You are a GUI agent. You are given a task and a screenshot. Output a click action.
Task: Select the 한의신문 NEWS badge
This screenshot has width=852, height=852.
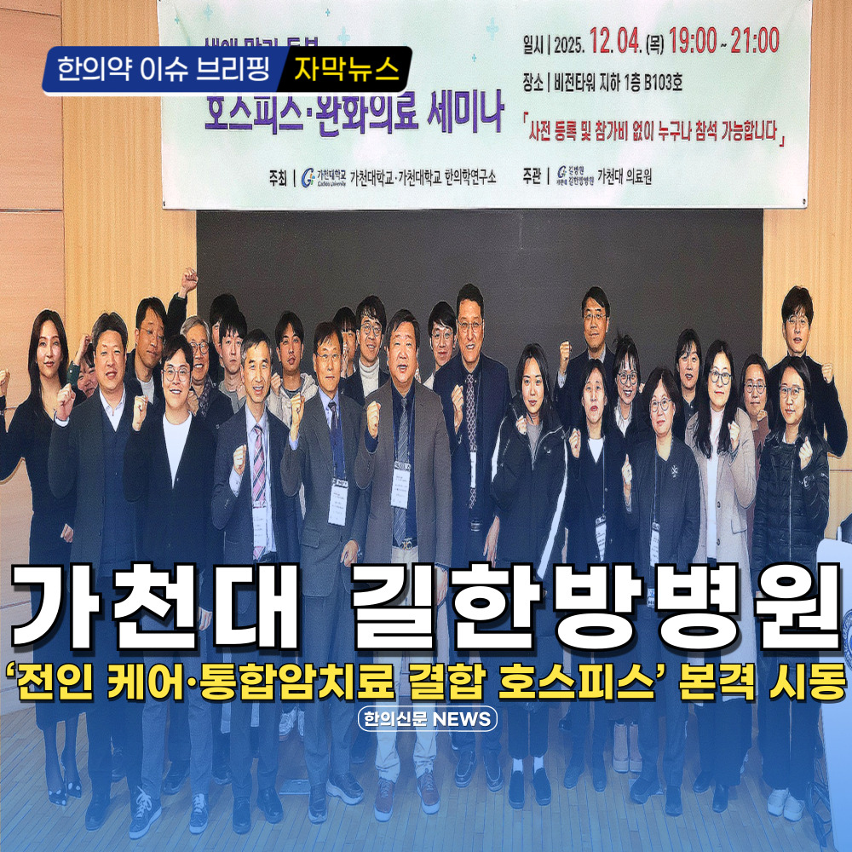[x=426, y=718]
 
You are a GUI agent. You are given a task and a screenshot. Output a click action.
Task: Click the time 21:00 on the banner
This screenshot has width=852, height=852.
[x=755, y=41]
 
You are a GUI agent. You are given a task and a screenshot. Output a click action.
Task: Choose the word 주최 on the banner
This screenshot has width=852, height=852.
[x=278, y=177]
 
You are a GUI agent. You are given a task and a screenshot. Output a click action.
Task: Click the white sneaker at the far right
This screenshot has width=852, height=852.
[x=778, y=800]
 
